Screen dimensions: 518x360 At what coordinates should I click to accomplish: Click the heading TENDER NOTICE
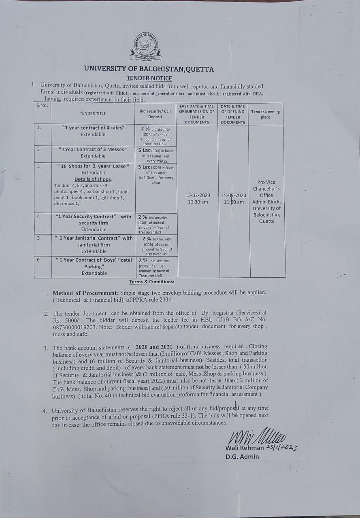coord(149,78)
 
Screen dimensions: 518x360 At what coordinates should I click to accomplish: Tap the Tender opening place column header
coord(265,114)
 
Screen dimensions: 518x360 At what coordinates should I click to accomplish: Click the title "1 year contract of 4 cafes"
coord(93,127)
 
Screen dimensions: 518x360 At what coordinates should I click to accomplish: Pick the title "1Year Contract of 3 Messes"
coord(93,149)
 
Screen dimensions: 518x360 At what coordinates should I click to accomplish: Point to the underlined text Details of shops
coord(93,179)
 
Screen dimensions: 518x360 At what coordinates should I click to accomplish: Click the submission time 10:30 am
coord(198,202)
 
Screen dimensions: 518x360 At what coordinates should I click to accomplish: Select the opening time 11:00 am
coord(234,202)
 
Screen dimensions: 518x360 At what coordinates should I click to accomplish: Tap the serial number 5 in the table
coord(38,238)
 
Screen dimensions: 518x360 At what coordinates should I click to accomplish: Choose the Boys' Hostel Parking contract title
coord(94,263)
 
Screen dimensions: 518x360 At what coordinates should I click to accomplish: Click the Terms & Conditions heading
coord(151,282)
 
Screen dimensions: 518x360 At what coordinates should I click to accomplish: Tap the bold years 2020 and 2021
coord(153,347)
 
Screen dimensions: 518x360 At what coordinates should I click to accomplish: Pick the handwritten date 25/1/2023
coord(282,447)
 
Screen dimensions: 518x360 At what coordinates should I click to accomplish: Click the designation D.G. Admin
coord(242,456)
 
